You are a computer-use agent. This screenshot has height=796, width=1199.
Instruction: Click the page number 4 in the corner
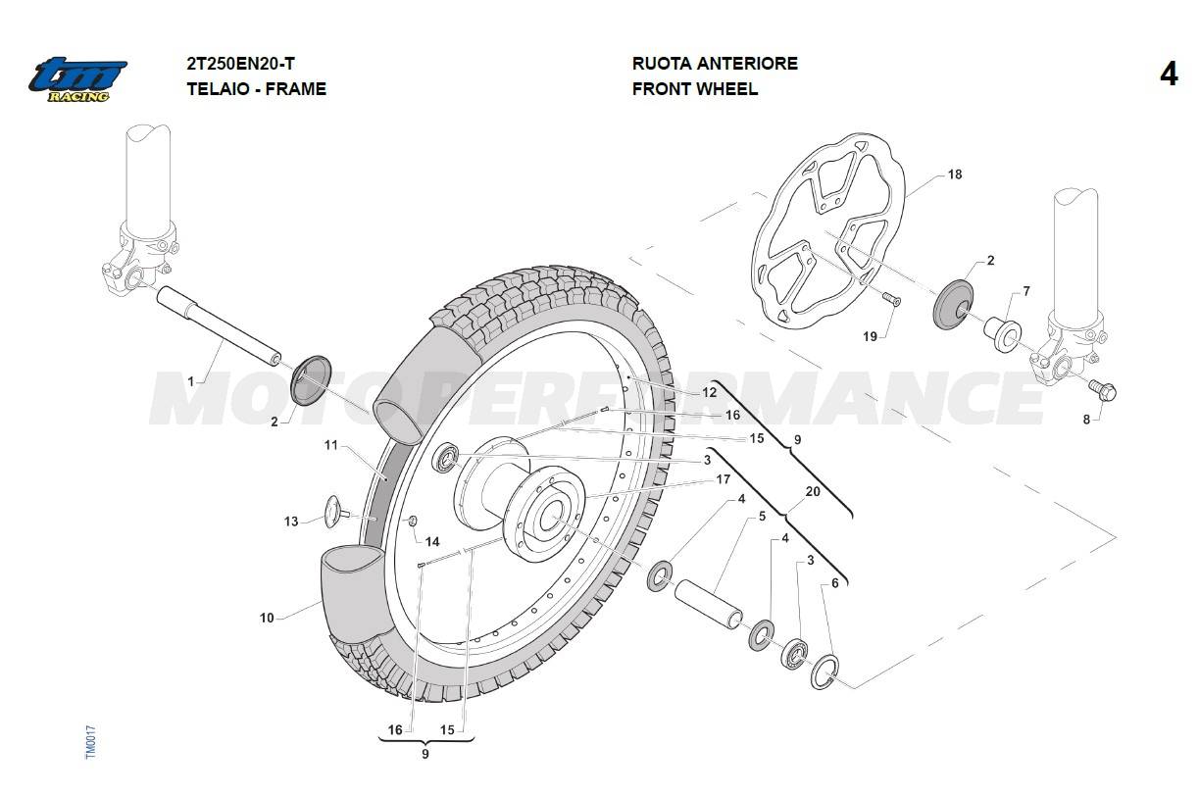tap(1168, 75)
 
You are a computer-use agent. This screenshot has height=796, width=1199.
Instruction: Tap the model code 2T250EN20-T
tap(240, 64)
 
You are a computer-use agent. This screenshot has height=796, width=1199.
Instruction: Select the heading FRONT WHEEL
tap(694, 89)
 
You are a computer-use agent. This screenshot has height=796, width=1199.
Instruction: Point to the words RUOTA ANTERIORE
tap(714, 64)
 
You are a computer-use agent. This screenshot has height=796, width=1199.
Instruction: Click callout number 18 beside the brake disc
tap(954, 174)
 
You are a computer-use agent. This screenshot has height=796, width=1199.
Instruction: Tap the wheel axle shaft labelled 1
tap(221, 323)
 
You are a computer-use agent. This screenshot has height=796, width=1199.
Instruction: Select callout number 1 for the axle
tap(191, 380)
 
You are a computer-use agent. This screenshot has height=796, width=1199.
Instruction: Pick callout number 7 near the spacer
tap(1025, 291)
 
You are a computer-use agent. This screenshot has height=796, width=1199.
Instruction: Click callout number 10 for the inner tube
tap(267, 618)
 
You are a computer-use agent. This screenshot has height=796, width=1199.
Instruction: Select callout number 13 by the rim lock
tap(291, 522)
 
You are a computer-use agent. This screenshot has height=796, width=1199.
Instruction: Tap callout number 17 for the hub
tap(723, 479)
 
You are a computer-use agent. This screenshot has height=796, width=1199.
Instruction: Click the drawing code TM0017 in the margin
tap(89, 741)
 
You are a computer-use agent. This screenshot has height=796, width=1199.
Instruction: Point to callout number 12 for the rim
tap(709, 392)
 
